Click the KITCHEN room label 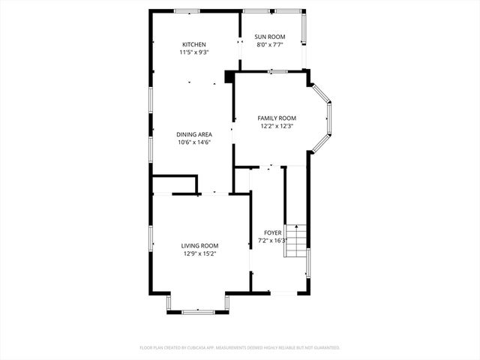pos(193,45)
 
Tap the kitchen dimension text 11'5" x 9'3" pos(193,53)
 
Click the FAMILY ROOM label pos(277,118)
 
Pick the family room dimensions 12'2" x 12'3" pos(277,127)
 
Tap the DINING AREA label pos(194,134)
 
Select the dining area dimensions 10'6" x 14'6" pos(194,142)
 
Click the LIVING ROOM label pos(199,245)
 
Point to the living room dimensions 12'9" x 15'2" pos(199,253)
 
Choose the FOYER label pos(272,233)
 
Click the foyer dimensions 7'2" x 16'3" pos(273,241)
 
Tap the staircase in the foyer pos(297,241)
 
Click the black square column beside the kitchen pos(229,76)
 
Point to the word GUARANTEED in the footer pos(324,348)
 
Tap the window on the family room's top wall pos(277,72)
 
